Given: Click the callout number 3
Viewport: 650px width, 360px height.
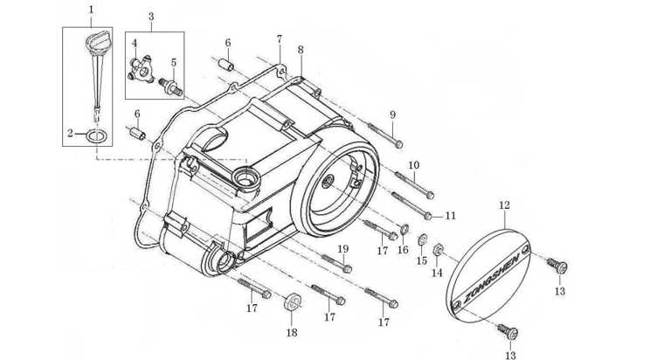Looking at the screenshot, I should click(x=150, y=16).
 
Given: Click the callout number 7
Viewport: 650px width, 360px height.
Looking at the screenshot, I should click(x=279, y=39).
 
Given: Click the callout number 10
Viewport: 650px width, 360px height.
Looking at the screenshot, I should click(x=414, y=165).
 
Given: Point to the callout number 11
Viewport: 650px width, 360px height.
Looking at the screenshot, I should click(x=451, y=215).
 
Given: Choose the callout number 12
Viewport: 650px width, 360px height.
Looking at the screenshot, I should click(x=503, y=205).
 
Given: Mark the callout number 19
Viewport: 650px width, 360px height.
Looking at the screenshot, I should click(x=343, y=249).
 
